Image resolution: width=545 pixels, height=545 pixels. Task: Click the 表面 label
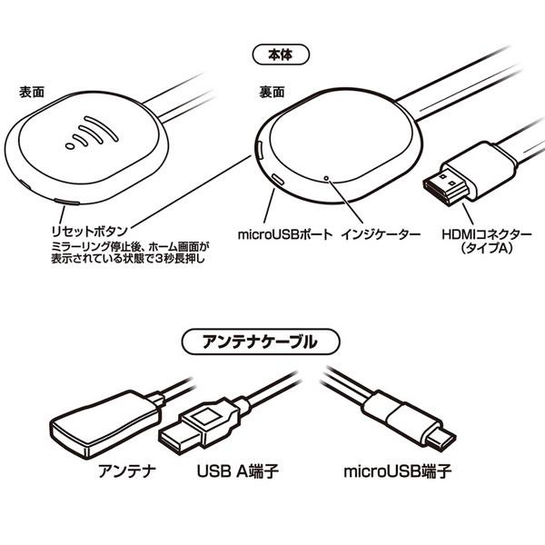tap(34, 94)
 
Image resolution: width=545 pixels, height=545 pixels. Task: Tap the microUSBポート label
tap(284, 234)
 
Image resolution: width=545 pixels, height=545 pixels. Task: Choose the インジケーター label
tap(381, 234)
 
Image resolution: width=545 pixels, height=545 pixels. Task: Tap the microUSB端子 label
tap(399, 473)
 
